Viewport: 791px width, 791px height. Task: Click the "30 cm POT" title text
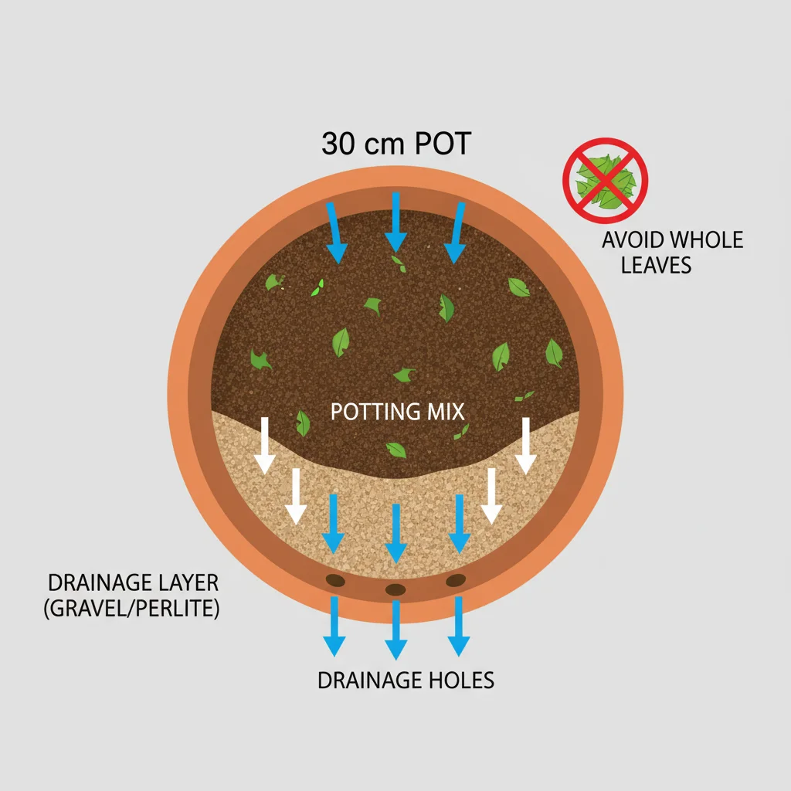395,144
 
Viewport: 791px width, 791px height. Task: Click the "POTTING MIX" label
397,411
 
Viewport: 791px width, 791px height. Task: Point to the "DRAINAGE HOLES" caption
406,681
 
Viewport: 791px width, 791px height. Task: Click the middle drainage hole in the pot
395,590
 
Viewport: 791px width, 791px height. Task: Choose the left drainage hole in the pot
336,579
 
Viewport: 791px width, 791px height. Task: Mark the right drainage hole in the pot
456,579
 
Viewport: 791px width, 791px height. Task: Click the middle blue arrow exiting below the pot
395,630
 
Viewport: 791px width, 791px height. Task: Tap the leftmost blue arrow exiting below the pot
334,626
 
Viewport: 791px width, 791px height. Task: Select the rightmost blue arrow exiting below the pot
457,626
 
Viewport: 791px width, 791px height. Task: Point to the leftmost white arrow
265,446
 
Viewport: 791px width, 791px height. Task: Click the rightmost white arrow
526,446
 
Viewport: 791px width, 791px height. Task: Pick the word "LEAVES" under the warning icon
656,266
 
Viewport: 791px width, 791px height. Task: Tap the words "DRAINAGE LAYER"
133,583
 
